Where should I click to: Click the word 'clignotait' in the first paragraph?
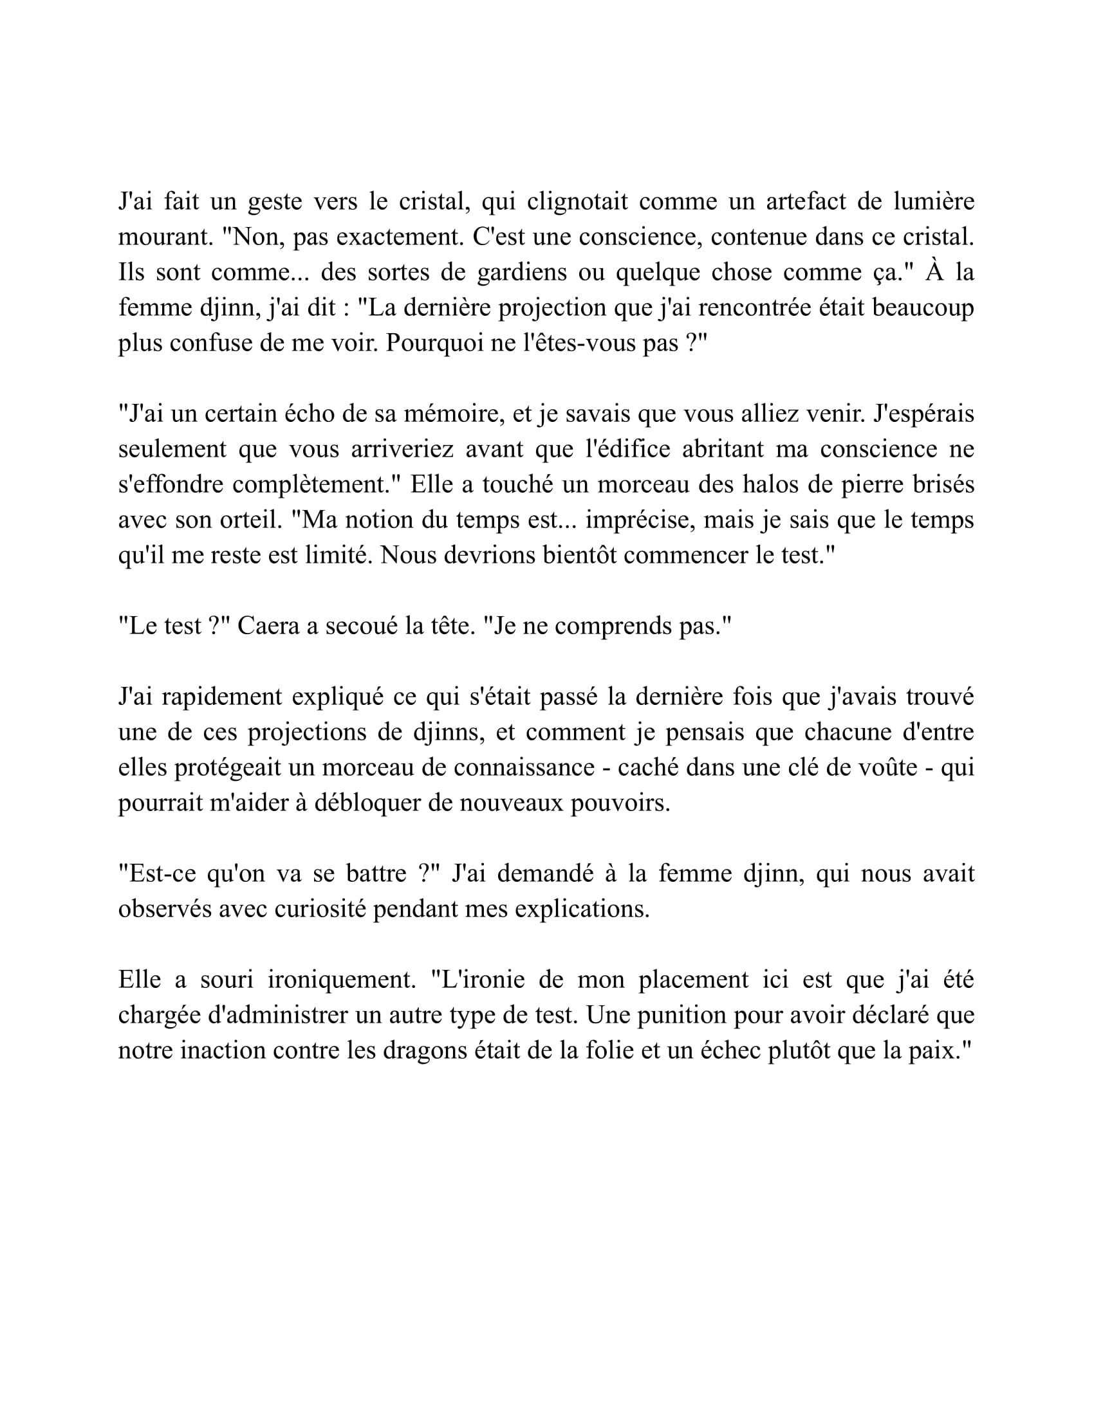tap(577, 201)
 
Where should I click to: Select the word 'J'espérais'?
tap(924, 414)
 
